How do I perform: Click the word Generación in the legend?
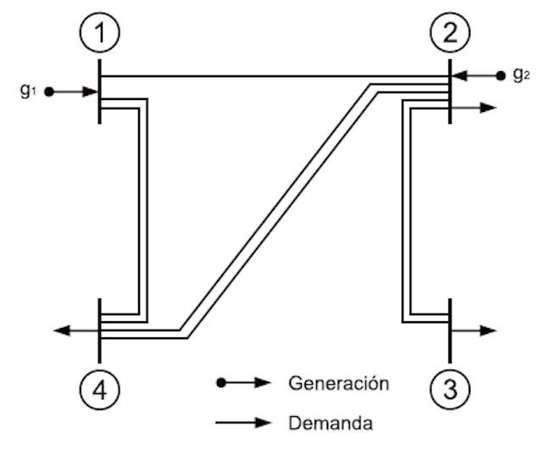pyautogui.click(x=338, y=383)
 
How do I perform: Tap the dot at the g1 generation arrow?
pyautogui.click(x=50, y=91)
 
